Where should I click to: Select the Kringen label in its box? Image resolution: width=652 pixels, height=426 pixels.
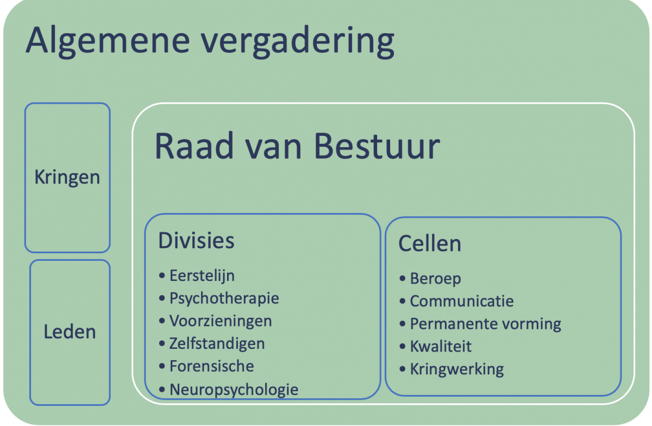click(67, 178)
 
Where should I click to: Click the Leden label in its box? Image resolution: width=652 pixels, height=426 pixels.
click(70, 331)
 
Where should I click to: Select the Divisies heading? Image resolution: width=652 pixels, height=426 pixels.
click(196, 241)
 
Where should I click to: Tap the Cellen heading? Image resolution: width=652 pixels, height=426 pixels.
click(430, 243)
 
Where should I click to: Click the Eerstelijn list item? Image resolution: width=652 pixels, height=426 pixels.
click(202, 275)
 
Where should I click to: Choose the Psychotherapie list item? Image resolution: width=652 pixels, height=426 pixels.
click(224, 298)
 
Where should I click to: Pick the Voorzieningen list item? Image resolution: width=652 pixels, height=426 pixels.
click(221, 321)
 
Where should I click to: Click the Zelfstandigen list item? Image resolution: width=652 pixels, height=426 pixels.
click(217, 343)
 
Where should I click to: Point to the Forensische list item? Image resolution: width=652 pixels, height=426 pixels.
click(211, 366)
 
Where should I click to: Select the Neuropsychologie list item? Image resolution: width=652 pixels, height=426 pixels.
click(234, 390)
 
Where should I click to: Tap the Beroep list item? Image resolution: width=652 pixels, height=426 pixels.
click(435, 279)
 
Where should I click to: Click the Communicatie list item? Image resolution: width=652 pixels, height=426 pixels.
click(462, 301)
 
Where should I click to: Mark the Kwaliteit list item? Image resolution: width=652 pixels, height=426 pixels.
click(441, 346)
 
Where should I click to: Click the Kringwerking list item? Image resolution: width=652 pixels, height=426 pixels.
click(457, 369)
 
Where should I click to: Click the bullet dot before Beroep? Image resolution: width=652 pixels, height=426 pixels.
click(403, 279)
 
